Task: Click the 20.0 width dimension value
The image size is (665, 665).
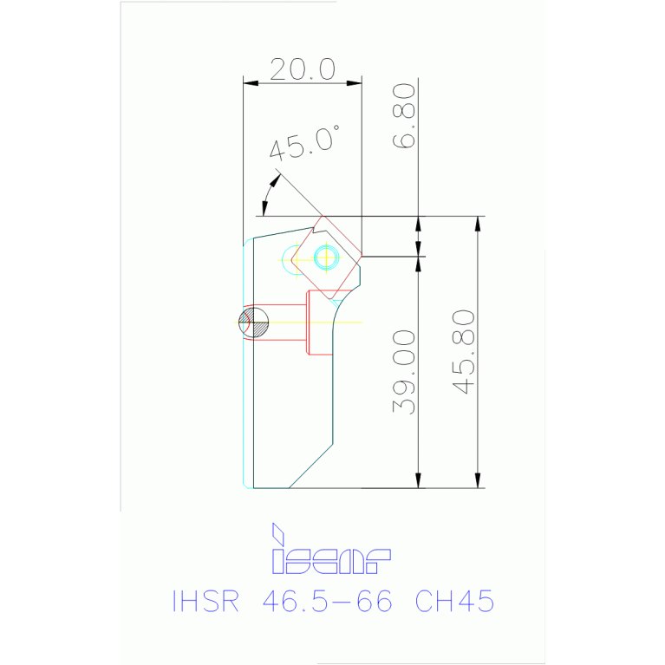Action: pyautogui.click(x=302, y=69)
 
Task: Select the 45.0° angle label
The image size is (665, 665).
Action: pyautogui.click(x=303, y=143)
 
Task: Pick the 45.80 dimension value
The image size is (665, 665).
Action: pyautogui.click(x=464, y=351)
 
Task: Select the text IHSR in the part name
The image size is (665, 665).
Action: pyautogui.click(x=205, y=601)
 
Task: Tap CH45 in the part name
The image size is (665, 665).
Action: pyautogui.click(x=454, y=601)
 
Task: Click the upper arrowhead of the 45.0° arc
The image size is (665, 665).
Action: pyautogui.click(x=277, y=179)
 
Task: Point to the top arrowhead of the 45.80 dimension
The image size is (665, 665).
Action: pyautogui.click(x=476, y=224)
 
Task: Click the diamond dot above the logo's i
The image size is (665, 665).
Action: pyautogui.click(x=278, y=530)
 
